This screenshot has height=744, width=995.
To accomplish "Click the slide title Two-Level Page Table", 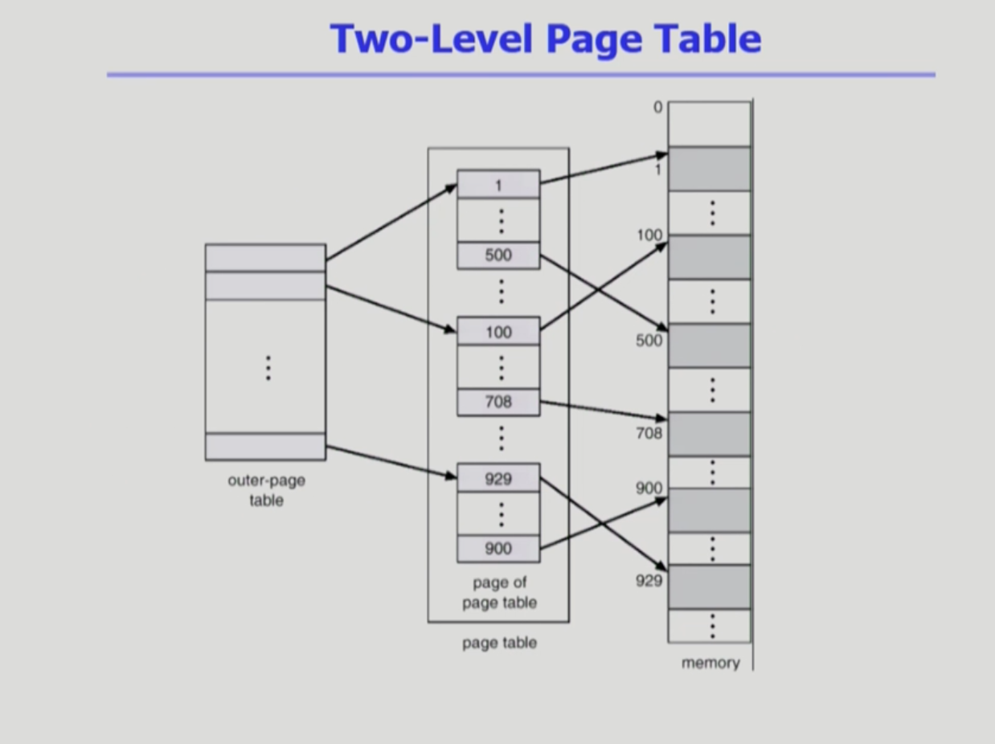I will click(x=545, y=38).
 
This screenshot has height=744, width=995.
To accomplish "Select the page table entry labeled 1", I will click(x=498, y=185).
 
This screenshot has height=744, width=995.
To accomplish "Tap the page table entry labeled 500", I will click(x=498, y=255).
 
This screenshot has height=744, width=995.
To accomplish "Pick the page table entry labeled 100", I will click(x=498, y=331).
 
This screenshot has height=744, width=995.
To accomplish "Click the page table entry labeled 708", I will click(x=498, y=402).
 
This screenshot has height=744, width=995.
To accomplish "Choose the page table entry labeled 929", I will click(x=498, y=479).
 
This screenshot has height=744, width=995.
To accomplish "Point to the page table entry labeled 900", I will click(x=498, y=549).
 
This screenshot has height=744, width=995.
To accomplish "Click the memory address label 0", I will click(x=658, y=107).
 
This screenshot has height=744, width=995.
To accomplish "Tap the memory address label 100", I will click(x=649, y=235).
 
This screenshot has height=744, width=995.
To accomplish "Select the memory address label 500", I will click(x=649, y=340).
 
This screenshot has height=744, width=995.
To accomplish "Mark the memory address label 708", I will click(x=649, y=433).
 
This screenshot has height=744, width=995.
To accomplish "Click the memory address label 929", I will click(x=649, y=580).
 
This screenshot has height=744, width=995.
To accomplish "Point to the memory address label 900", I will click(x=649, y=488).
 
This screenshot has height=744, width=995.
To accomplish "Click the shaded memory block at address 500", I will click(x=710, y=345).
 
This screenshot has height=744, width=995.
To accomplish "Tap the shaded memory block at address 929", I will click(x=710, y=587).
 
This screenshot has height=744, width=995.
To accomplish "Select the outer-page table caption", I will click(x=266, y=490).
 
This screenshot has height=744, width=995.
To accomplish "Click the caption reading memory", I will click(x=710, y=663).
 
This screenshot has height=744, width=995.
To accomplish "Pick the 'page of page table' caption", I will click(x=499, y=592).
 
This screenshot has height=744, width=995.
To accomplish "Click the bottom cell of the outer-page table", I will click(x=266, y=447).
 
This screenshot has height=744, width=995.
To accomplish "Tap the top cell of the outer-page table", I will click(x=266, y=258).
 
